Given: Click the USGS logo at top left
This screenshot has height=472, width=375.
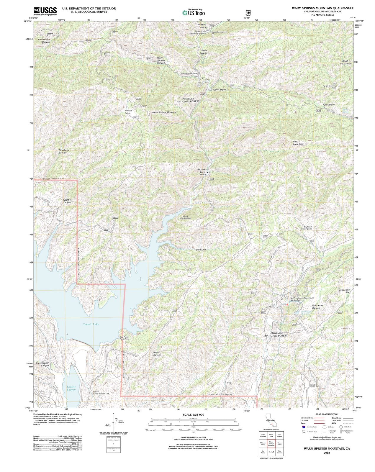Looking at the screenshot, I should (x=45, y=11).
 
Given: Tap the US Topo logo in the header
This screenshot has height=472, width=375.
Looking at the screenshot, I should (x=194, y=12).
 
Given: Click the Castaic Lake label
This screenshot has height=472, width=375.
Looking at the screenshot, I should (x=91, y=324).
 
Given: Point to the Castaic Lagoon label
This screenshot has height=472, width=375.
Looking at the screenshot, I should (x=71, y=388).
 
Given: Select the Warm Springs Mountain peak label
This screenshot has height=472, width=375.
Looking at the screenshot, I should (x=164, y=112).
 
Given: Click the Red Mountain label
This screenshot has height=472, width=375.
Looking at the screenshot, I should (x=298, y=143).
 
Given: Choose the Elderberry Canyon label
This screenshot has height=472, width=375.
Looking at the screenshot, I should (x=64, y=151).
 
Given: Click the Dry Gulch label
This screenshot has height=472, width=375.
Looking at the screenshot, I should (x=201, y=250).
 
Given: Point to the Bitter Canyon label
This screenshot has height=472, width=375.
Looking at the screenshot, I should (x=157, y=354).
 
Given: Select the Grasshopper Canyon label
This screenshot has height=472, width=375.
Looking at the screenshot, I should (x=42, y=364).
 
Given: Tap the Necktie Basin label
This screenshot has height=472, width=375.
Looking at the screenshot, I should (x=128, y=112).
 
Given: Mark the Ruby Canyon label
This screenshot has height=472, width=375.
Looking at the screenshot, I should (x=219, y=90).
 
